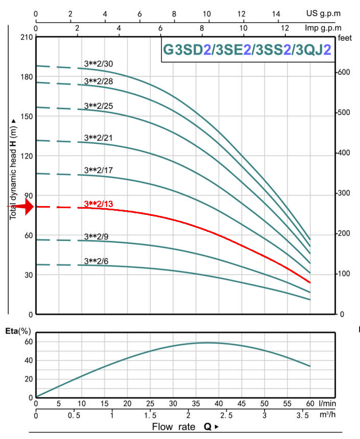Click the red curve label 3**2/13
click(98, 204)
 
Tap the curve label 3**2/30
click(98, 64)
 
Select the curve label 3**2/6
click(96, 261)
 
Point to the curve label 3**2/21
click(98, 138)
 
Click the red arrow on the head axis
click(21, 207)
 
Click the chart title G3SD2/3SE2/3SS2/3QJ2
click(247, 50)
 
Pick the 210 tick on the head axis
click(27, 37)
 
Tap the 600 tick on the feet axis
click(344, 72)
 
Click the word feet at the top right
click(345, 38)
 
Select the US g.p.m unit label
click(323, 13)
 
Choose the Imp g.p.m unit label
click(323, 28)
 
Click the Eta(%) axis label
click(18, 331)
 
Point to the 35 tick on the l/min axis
click(196, 403)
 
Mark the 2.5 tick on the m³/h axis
click(226, 415)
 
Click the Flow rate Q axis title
click(185, 427)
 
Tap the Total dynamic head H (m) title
click(13, 170)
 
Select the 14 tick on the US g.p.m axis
click(276, 13)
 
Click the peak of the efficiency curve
click(207, 343)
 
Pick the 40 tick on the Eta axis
click(29, 360)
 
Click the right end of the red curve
click(310, 283)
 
